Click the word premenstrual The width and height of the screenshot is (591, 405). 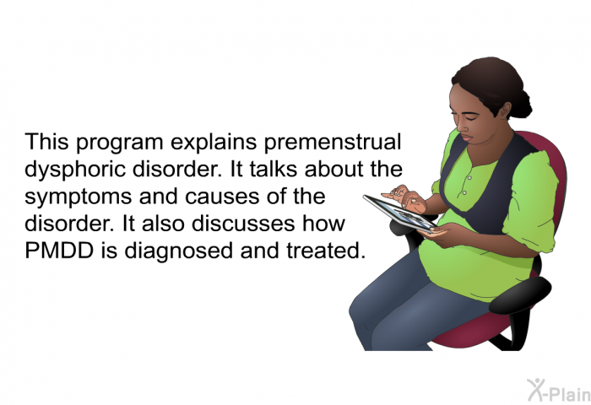tap(332, 143)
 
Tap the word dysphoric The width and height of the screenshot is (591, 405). tap(75, 170)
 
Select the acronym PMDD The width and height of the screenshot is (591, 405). tap(59, 250)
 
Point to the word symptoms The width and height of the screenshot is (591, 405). tap(79, 197)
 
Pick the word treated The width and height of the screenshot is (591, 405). tap(326, 251)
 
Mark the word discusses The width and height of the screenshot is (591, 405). tap(243, 224)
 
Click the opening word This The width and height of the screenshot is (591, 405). tap(46, 142)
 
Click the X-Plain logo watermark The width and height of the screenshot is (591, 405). tap(558, 391)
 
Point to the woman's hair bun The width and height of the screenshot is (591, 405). tap(523, 103)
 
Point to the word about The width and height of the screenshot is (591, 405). tap(334, 169)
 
